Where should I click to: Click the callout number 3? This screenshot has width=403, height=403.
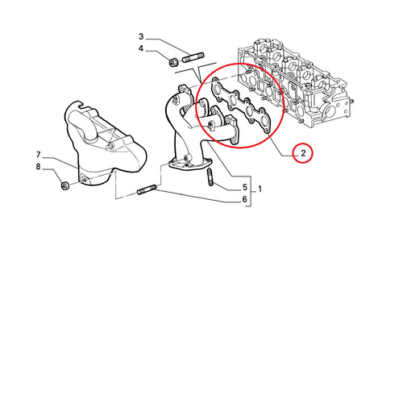click(141, 36)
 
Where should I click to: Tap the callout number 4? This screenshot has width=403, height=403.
click(141, 48)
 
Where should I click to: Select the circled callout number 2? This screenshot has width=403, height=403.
click(303, 153)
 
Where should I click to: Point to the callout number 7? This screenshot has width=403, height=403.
click(38, 155)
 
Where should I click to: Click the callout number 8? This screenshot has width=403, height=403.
click(38, 167)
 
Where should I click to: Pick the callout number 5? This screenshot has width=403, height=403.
click(245, 187)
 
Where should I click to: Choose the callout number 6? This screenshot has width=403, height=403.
click(244, 199)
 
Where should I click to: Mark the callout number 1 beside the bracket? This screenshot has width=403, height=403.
click(260, 189)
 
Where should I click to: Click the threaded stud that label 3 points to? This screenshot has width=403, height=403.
click(193, 57)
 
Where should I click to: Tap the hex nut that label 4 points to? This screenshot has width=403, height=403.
click(172, 62)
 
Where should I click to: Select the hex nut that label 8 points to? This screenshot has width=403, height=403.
click(65, 185)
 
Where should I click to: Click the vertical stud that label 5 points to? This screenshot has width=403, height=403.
click(210, 177)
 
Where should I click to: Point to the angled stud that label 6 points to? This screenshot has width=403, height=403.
click(147, 189)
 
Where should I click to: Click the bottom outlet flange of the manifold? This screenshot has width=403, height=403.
click(190, 164)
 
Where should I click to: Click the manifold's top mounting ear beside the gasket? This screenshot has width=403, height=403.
click(183, 90)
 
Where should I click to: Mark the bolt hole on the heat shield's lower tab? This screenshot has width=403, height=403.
click(84, 179)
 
